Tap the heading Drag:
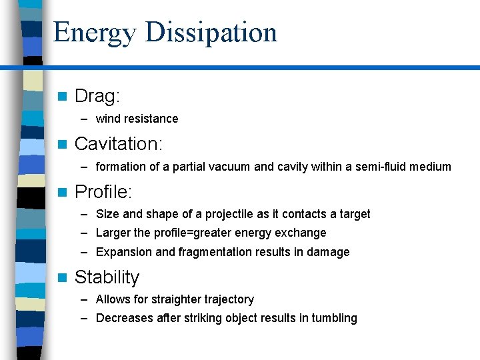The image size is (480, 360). pos(97,97)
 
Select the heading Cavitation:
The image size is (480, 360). pos(119,144)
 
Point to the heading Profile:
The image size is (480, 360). pos(104,192)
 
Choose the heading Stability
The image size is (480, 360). pos(107,277)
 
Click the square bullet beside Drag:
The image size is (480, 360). pos(63,97)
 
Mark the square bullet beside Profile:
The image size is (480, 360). pos(63,193)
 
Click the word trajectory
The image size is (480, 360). pos(225,300)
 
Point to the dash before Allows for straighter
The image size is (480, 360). pos(85,299)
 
